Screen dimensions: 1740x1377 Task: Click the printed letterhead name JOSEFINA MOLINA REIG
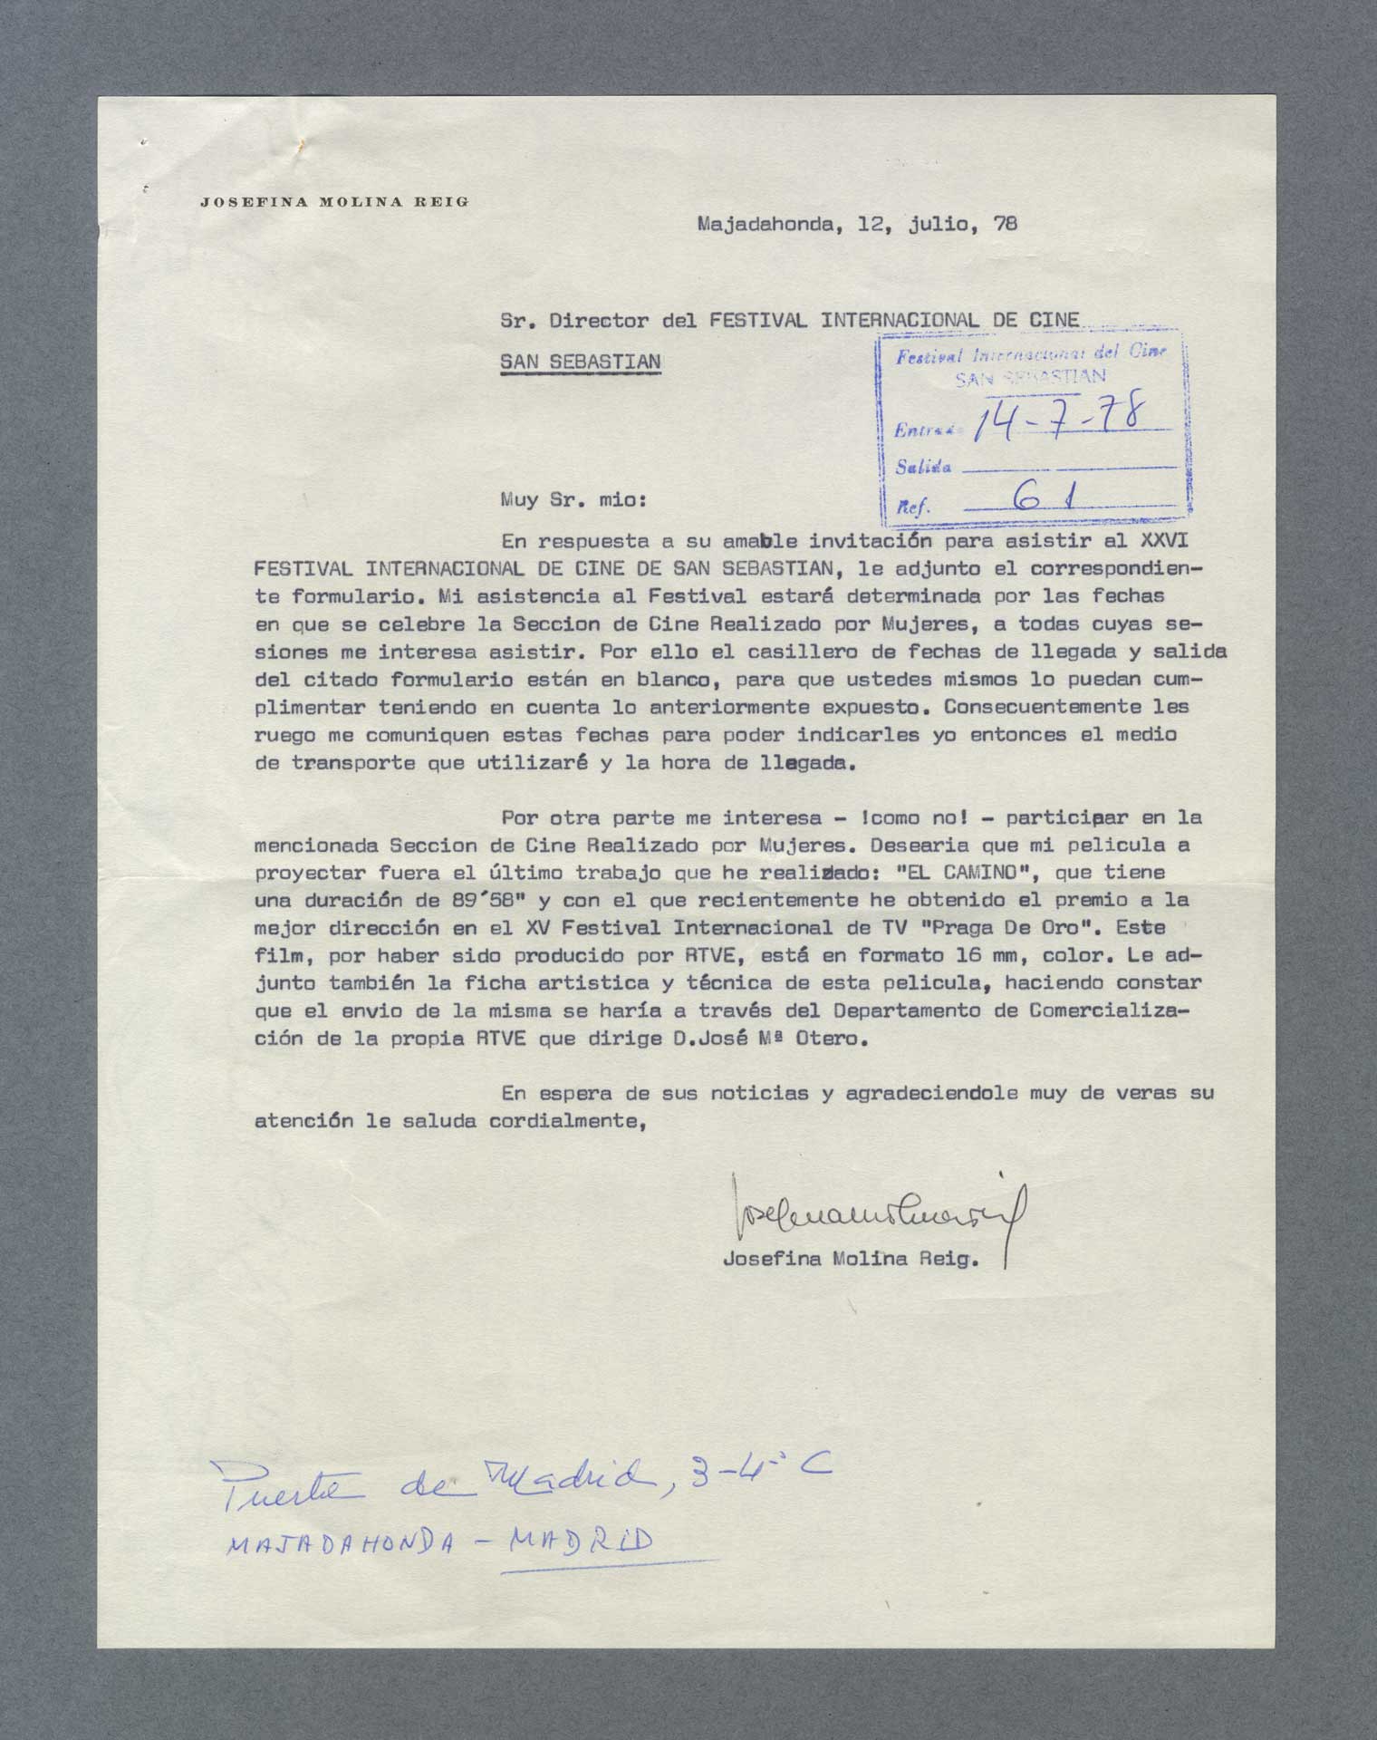334,202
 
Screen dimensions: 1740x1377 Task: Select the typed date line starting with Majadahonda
856,224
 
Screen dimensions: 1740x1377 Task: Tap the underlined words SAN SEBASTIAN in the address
581,361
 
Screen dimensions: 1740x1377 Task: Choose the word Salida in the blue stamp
923,468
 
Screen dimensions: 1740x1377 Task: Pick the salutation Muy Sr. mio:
574,498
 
